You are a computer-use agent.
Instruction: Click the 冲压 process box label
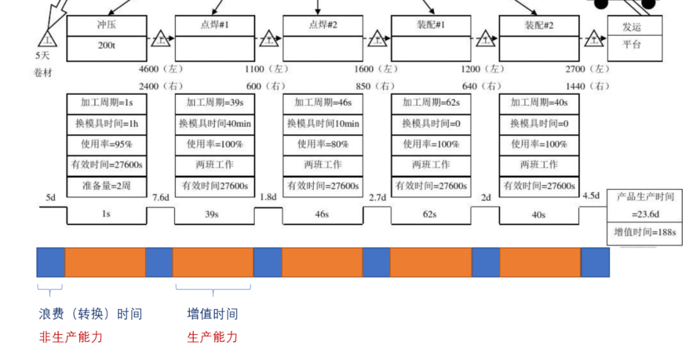(107, 26)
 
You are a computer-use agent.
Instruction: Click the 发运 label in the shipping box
(631, 27)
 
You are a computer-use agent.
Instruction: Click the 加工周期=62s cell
(430, 103)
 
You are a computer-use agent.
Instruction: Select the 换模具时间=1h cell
(107, 124)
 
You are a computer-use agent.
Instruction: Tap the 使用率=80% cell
(322, 144)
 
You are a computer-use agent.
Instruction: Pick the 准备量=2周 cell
(107, 186)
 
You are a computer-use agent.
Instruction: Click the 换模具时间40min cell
(214, 124)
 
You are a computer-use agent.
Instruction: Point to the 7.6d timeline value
(160, 197)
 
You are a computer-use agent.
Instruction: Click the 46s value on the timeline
(322, 214)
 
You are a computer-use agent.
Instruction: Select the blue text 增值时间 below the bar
(212, 314)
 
